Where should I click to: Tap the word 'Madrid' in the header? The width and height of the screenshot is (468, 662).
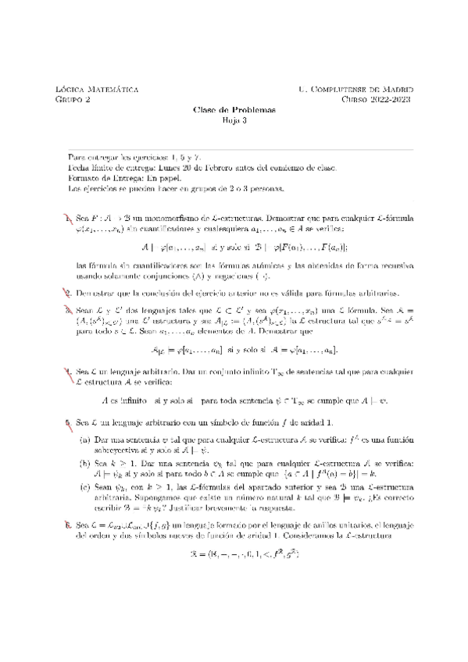click(395, 90)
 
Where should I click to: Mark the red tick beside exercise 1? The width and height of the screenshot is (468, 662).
click(69, 216)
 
